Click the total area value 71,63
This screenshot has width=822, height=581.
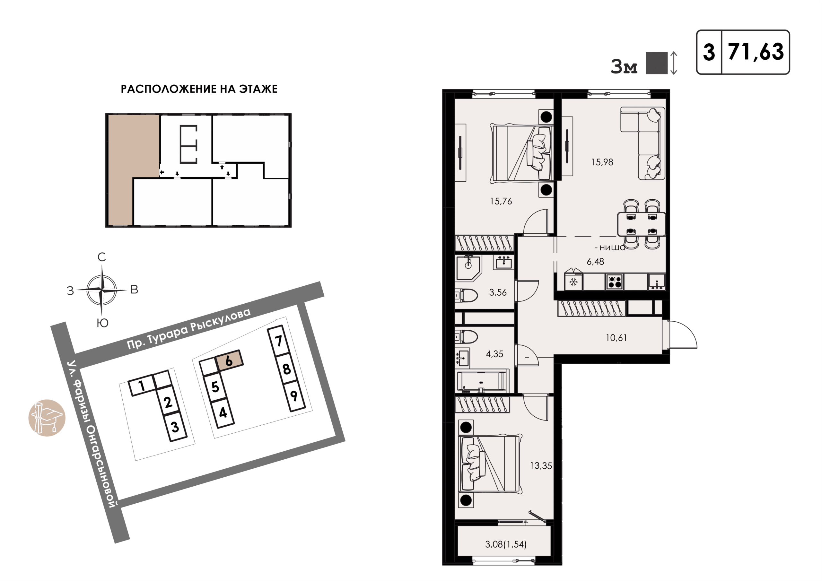756,52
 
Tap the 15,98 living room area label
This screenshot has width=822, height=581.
602,162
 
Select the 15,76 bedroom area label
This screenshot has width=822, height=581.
501,201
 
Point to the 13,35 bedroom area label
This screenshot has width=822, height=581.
541,466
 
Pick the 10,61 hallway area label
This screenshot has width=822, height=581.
616,338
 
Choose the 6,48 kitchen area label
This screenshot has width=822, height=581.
595,262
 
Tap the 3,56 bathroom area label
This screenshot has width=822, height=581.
498,292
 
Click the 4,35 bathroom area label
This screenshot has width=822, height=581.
494,354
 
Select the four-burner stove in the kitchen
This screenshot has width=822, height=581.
615,282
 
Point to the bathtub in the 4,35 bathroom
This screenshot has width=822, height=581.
482,382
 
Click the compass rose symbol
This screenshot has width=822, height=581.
102,290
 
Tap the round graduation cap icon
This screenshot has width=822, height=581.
47,418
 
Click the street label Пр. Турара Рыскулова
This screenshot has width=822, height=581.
189,328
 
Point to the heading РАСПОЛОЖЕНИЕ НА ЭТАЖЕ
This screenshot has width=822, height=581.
199,89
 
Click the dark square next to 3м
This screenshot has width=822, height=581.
656,63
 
